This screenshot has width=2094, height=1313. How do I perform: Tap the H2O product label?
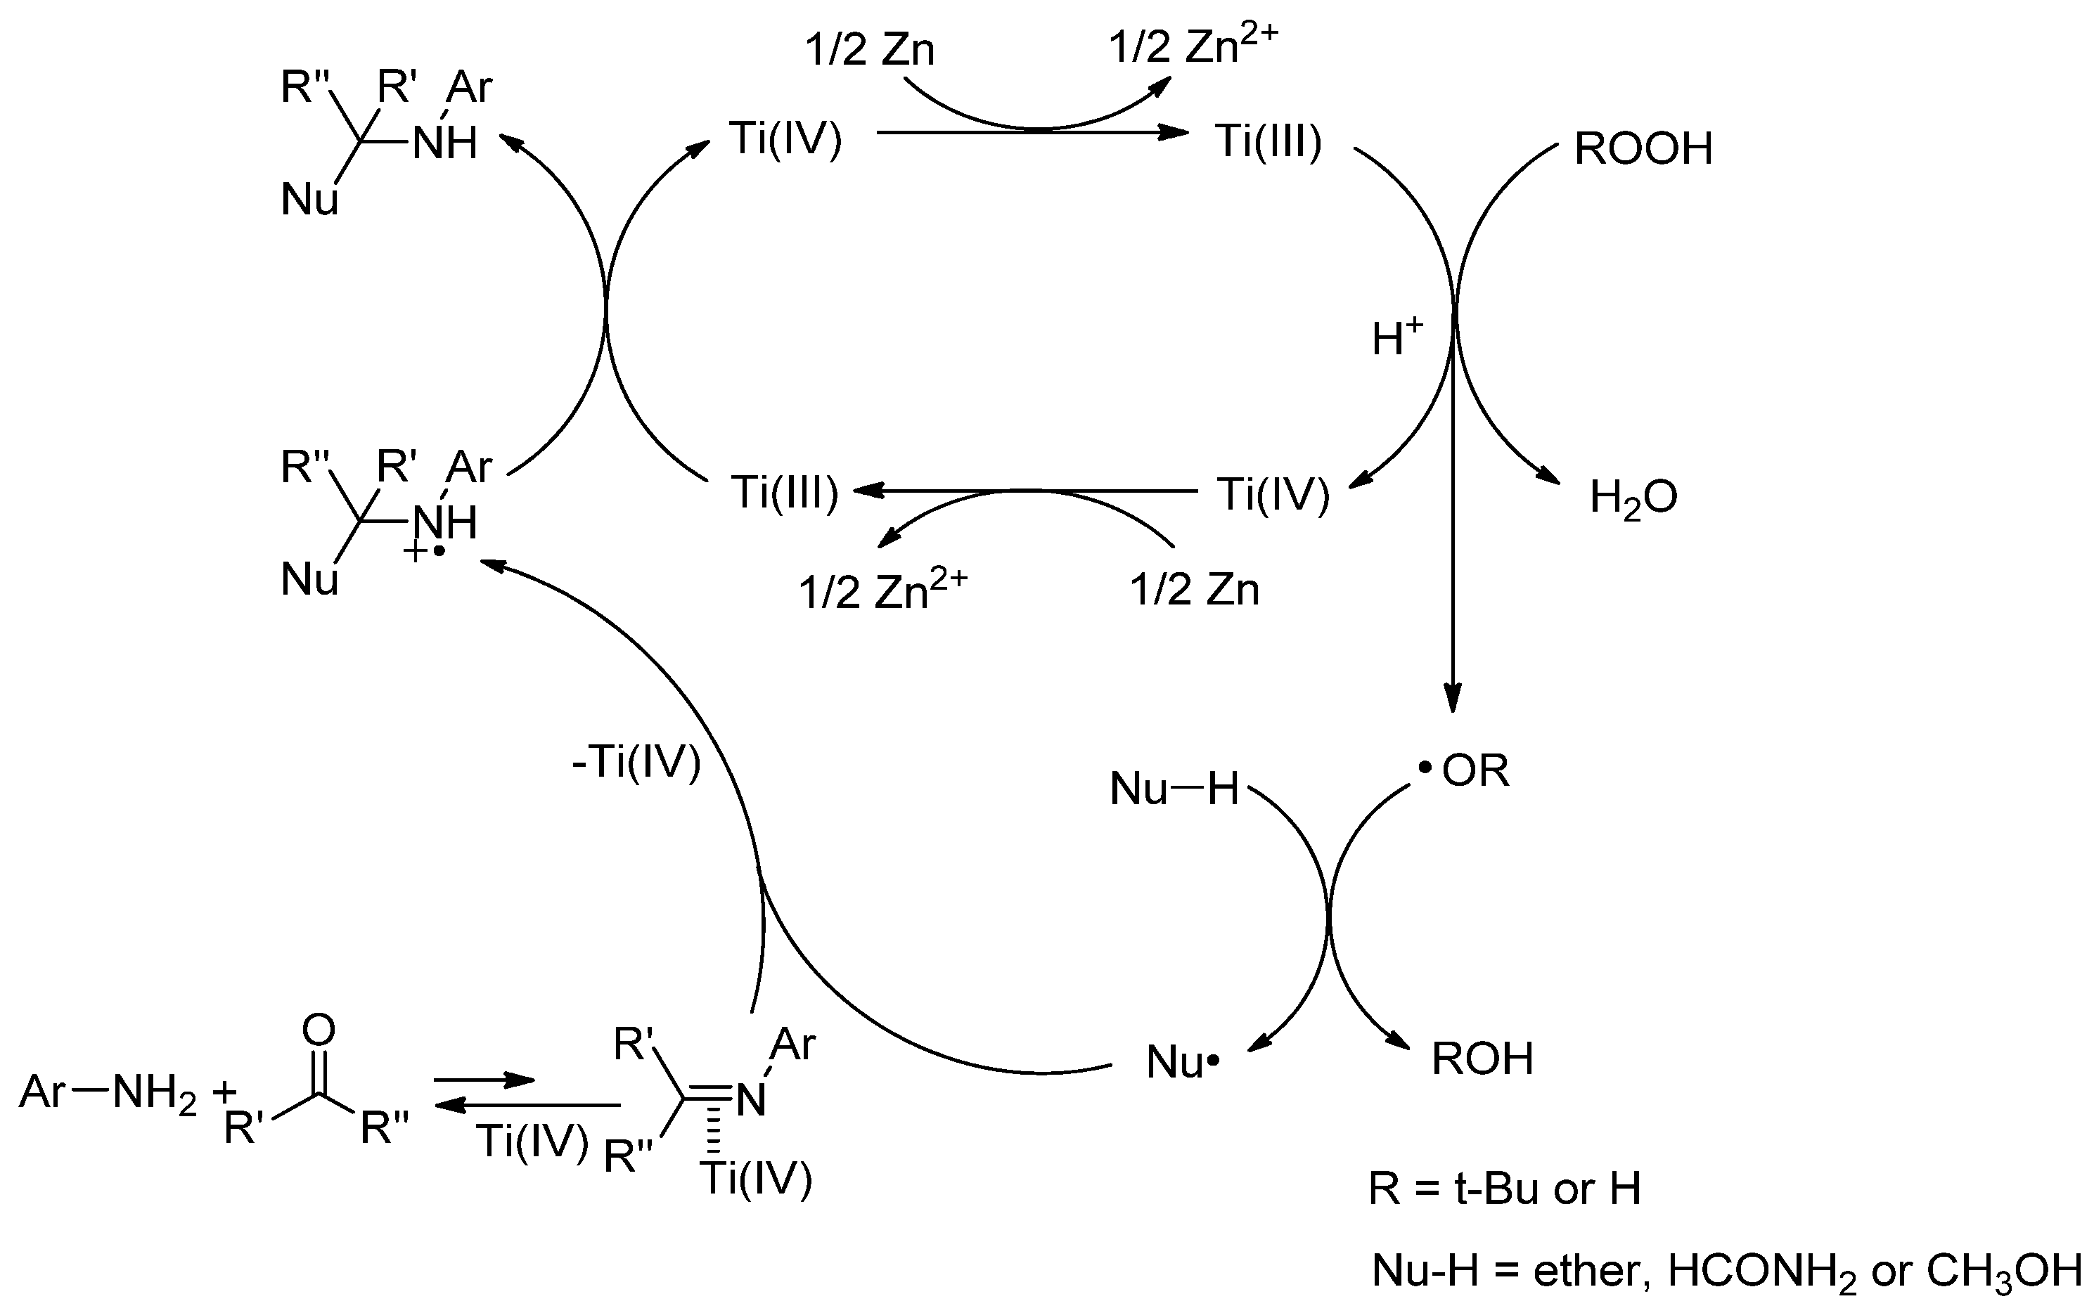tap(1633, 498)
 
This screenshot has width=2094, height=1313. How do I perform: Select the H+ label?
tap(1396, 337)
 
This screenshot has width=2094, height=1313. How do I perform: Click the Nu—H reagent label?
tap(1174, 789)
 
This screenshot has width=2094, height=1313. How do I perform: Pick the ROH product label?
tap(1482, 1059)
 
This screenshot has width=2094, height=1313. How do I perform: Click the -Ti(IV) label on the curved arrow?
tap(636, 763)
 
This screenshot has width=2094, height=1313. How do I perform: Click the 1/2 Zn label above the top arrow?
tap(869, 49)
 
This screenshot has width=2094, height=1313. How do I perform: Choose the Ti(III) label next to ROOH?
tap(1268, 141)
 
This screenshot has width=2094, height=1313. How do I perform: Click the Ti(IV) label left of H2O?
tap(1273, 494)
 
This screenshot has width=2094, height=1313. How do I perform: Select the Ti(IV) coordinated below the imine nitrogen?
tap(756, 1179)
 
